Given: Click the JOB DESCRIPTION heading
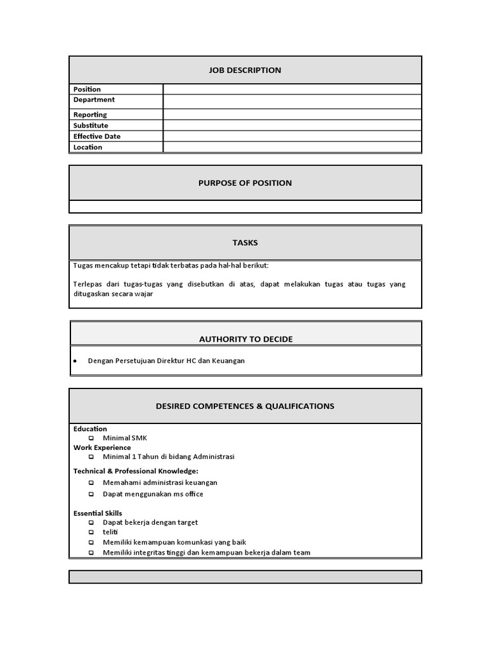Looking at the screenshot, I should click(245, 70).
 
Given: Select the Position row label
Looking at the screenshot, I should click(87, 89).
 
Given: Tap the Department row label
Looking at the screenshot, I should click(94, 100).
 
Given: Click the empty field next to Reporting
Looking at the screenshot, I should click(292, 115).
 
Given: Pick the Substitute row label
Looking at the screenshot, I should click(91, 125).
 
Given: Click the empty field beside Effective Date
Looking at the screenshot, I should click(292, 136).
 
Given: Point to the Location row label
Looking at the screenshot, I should click(88, 147).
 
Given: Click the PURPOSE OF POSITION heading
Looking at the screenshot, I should click(245, 183).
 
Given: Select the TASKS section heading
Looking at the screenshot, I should click(245, 243).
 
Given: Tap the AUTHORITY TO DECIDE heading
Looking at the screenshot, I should click(245, 339).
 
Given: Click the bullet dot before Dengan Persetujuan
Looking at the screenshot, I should click(75, 361).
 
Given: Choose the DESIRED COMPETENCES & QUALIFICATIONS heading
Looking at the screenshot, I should click(245, 406).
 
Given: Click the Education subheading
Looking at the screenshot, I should click(90, 429).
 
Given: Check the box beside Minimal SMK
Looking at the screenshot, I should click(91, 439).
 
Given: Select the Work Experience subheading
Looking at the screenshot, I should click(102, 447).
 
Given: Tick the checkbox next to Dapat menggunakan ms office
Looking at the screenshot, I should click(91, 494).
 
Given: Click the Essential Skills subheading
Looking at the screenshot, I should click(98, 513).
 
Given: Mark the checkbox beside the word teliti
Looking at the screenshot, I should click(91, 533).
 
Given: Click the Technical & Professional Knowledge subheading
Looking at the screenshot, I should click(136, 471).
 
